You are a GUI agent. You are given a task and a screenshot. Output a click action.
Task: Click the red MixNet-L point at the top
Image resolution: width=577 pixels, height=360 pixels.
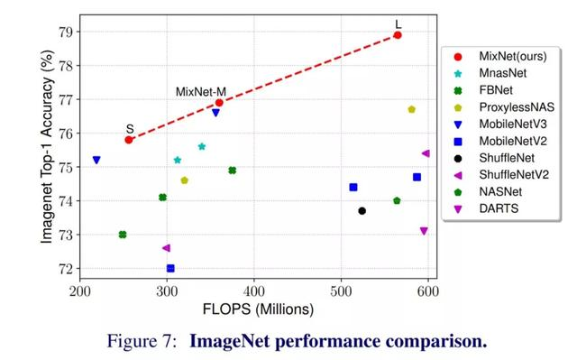(398, 35)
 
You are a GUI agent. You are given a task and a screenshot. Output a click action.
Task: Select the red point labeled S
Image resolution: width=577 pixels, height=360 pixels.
(129, 140)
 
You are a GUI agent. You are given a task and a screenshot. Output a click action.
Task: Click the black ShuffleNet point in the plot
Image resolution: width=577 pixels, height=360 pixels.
(362, 211)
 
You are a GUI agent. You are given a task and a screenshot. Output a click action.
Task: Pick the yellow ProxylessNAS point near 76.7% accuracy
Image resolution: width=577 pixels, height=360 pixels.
(411, 110)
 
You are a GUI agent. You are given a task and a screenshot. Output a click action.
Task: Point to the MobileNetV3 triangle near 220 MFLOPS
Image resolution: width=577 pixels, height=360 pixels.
(96, 160)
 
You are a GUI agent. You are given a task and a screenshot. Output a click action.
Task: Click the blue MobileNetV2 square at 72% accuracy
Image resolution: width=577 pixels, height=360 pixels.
(170, 268)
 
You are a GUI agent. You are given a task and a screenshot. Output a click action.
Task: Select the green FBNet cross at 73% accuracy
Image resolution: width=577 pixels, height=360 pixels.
(123, 235)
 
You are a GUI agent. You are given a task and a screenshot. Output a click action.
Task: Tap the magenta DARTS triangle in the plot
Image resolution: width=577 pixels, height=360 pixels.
(424, 231)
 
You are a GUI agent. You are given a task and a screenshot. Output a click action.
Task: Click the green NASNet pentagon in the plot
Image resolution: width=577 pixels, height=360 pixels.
(397, 200)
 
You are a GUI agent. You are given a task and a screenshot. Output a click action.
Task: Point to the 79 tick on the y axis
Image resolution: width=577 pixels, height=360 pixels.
(68, 32)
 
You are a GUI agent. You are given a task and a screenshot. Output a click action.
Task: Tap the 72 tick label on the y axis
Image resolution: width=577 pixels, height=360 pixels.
(68, 269)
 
